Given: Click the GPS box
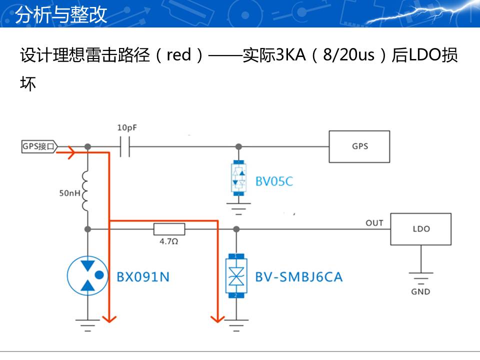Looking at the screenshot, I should point(359,146).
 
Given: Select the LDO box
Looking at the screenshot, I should point(420,229).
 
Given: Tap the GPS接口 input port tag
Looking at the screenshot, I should point(39,146).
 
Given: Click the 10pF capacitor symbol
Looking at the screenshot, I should point(125,146).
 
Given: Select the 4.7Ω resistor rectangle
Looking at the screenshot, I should point(169,229).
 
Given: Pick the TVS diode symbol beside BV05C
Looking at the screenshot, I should point(239,177).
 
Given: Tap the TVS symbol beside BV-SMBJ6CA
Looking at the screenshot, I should point(234,276).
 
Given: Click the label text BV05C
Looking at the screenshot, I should point(274,181).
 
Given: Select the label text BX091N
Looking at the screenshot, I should point(143,276).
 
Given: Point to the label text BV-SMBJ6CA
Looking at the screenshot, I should point(298,276).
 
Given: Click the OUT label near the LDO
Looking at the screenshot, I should point(374,222).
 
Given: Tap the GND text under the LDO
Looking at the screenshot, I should point(420,291).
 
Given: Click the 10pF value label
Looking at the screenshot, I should point(127,127).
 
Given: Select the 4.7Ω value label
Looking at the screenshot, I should point(169,241).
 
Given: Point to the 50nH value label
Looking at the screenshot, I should point(69,192).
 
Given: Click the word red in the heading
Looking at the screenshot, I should point(179,55).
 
